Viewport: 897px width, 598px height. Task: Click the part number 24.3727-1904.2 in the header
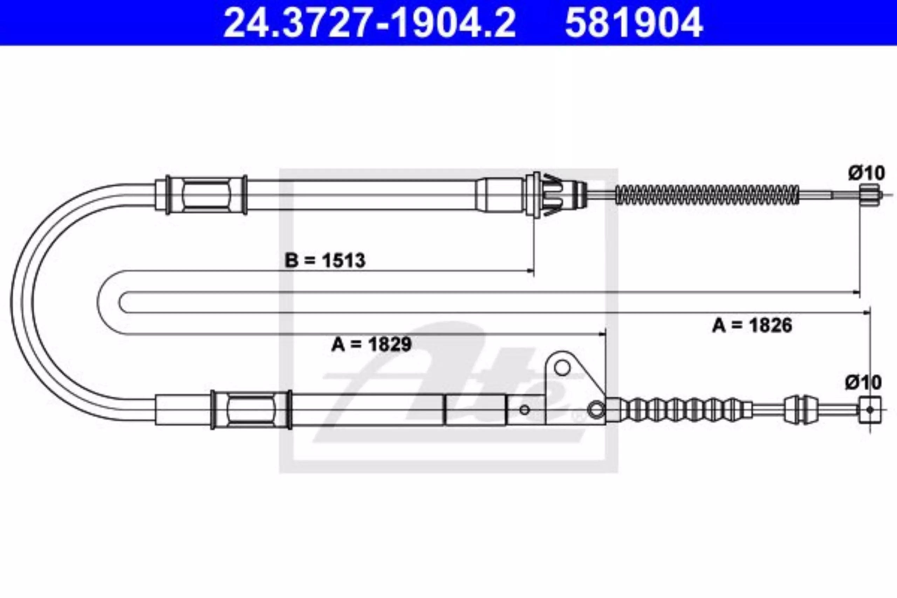(x=369, y=23)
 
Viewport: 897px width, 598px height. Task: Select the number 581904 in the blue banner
(x=634, y=23)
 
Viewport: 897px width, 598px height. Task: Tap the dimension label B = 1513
(x=325, y=261)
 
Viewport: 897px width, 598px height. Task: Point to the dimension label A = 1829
(x=371, y=344)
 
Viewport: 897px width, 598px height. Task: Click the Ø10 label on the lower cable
(x=863, y=383)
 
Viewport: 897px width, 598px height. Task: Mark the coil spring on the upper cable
(x=707, y=195)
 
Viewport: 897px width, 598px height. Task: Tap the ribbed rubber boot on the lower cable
(x=679, y=410)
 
